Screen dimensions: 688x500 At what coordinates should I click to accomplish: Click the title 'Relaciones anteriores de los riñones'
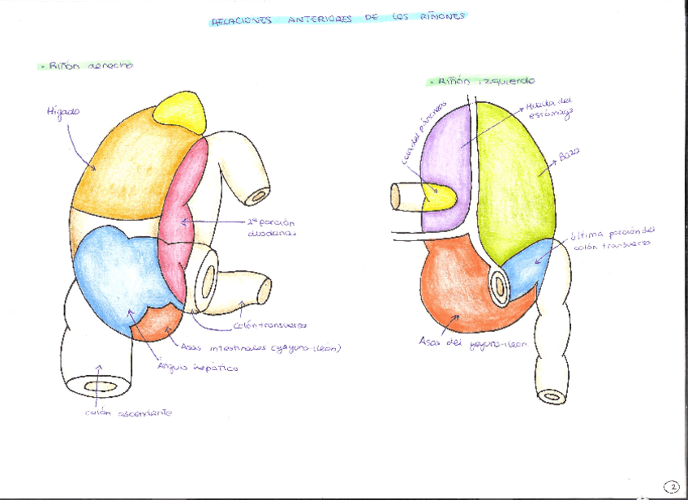[338, 19]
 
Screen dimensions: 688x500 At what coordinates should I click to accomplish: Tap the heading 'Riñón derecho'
[88, 65]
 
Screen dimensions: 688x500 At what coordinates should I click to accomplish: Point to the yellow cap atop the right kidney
[180, 106]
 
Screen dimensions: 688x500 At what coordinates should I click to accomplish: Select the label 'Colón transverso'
[270, 325]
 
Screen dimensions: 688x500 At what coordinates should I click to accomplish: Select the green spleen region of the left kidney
[515, 179]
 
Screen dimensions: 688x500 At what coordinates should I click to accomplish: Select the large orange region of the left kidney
[458, 284]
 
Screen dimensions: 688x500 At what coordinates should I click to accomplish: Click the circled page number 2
[672, 486]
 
